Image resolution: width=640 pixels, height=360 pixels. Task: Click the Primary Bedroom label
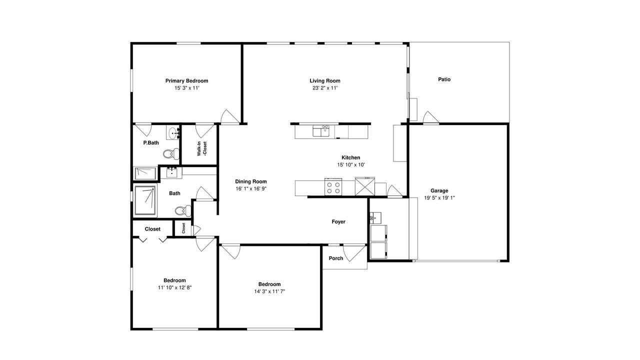pyautogui.click(x=186, y=81)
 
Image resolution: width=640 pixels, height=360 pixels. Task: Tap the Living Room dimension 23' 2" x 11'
pyautogui.click(x=325, y=88)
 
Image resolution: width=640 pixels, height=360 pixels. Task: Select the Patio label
pyautogui.click(x=444, y=79)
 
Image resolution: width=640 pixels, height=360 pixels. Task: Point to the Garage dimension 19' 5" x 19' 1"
pyautogui.click(x=439, y=197)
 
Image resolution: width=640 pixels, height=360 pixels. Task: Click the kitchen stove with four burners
pyautogui.click(x=333, y=186)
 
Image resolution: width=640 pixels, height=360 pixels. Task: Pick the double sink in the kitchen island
pyautogui.click(x=321, y=131)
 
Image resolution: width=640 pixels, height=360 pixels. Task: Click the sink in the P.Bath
pyautogui.click(x=172, y=133)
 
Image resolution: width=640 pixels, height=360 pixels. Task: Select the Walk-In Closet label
pyautogui.click(x=202, y=148)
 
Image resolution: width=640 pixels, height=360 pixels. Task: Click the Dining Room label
pyautogui.click(x=251, y=181)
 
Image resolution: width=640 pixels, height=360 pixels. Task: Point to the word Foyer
pyautogui.click(x=338, y=221)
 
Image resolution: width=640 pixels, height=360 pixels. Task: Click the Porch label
pyautogui.click(x=335, y=258)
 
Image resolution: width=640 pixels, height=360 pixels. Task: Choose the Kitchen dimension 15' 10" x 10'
pyautogui.click(x=351, y=165)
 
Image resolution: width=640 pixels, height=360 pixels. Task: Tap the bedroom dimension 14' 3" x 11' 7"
pyautogui.click(x=269, y=291)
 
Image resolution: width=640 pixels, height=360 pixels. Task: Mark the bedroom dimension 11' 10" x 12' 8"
pyautogui.click(x=174, y=287)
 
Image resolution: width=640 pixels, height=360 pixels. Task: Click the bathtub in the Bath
pyautogui.click(x=145, y=200)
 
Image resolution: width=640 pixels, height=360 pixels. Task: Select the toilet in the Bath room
pyautogui.click(x=183, y=211)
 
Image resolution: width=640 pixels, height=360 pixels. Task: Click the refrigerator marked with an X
pyautogui.click(x=365, y=186)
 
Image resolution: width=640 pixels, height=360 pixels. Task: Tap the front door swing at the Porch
pyautogui.click(x=354, y=253)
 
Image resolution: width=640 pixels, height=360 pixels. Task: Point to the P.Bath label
pyautogui.click(x=151, y=143)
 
